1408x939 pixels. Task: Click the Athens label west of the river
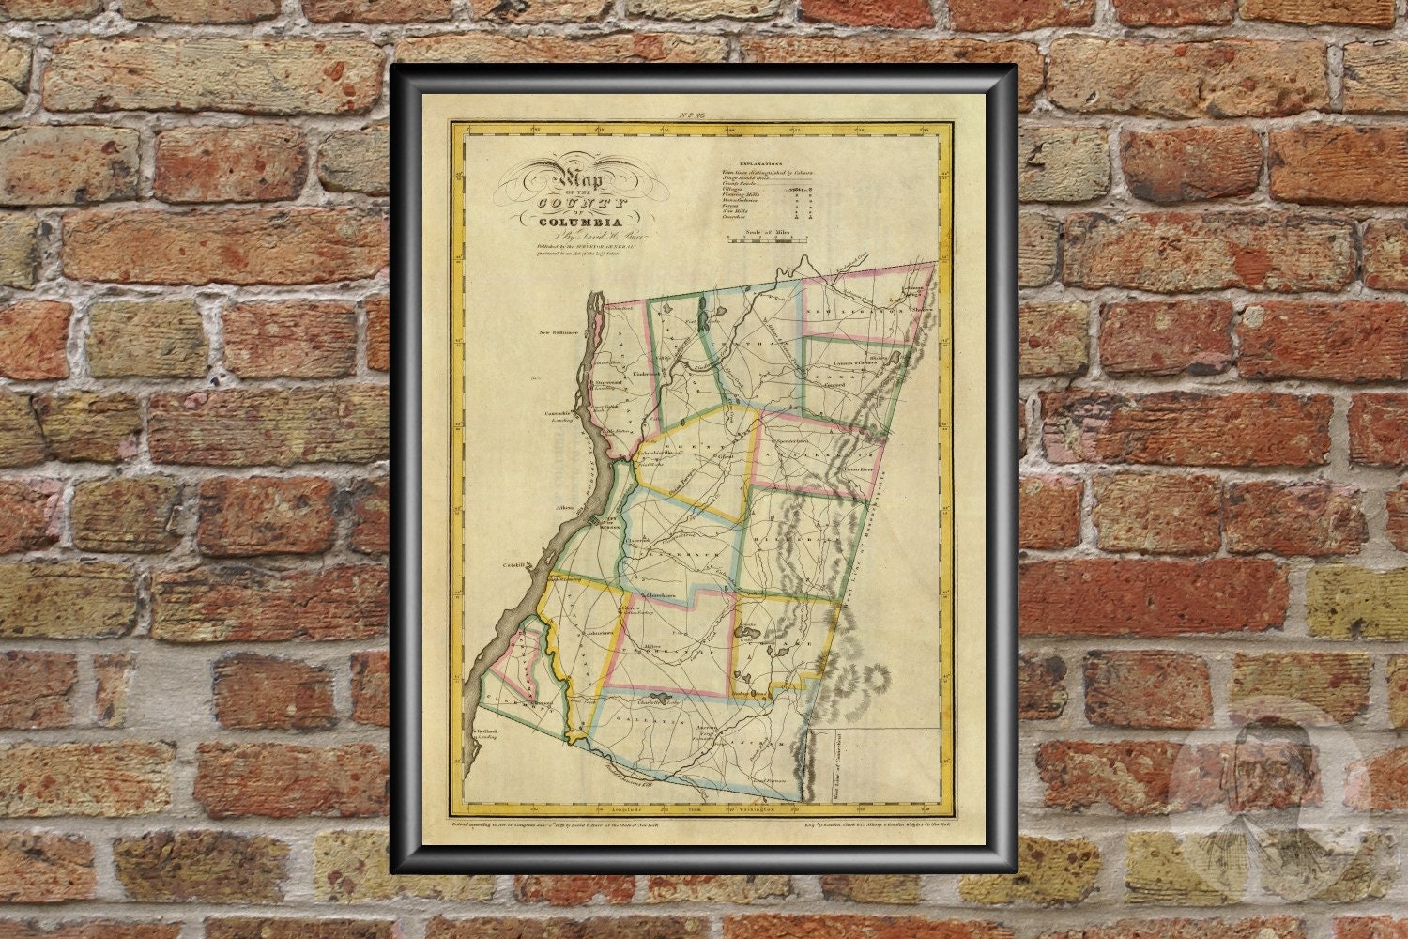(x=565, y=507)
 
